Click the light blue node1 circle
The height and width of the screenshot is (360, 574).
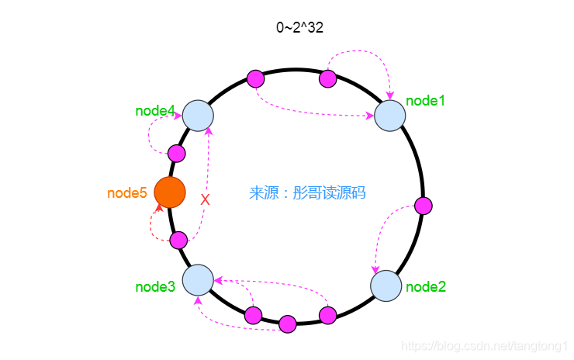390,116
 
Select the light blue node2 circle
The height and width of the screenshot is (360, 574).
386,286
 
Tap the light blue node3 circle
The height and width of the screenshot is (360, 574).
198,279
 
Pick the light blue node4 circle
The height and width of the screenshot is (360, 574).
198,116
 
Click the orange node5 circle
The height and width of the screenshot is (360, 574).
170,192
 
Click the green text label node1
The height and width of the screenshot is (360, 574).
426,100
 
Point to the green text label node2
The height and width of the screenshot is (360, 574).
426,287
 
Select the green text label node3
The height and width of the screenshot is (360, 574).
155,287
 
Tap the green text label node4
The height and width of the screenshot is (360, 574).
155,111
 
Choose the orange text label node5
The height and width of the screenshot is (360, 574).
127,193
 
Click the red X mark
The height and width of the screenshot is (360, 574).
205,200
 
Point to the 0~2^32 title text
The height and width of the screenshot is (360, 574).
300,28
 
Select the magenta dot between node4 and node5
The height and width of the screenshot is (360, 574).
177,153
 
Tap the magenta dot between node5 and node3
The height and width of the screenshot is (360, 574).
178,240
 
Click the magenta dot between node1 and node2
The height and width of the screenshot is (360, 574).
423,206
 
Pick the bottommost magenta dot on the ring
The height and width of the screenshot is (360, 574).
288,324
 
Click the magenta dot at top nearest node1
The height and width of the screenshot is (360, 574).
328,78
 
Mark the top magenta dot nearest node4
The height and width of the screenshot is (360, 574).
255,78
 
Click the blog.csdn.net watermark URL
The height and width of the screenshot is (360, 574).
488,344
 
